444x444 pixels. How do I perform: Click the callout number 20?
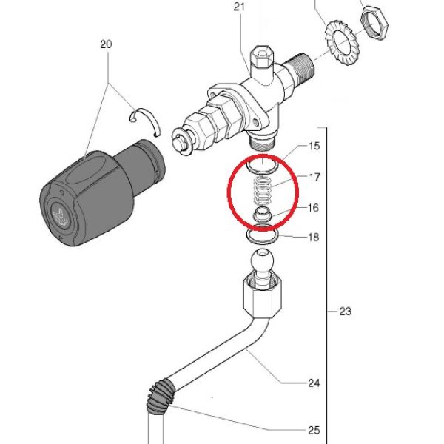[106, 44]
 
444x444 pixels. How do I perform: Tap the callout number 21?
[239, 7]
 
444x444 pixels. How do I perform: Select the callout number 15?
[314, 146]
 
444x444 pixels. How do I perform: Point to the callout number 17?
[314, 178]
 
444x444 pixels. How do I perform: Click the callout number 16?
[313, 208]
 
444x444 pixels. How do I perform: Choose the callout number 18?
[314, 237]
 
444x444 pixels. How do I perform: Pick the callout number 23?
[345, 312]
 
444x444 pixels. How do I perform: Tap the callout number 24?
[314, 383]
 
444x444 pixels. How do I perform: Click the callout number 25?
[314, 431]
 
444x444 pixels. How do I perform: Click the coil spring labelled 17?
[263, 191]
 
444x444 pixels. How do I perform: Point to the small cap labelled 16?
[263, 215]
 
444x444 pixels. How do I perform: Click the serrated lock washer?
[343, 42]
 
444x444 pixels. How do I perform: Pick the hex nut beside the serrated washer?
[374, 23]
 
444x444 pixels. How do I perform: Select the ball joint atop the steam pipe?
[263, 259]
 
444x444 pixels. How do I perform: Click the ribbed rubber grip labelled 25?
[161, 396]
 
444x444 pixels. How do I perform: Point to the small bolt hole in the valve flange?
[255, 122]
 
